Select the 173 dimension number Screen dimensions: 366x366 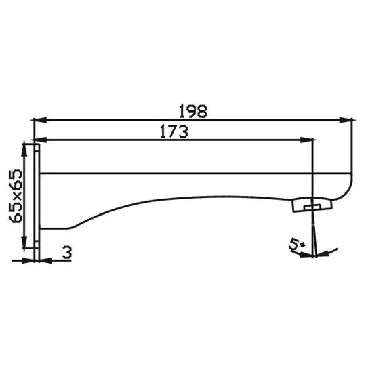click(174, 132)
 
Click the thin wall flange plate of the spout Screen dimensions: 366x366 click(38, 200)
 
